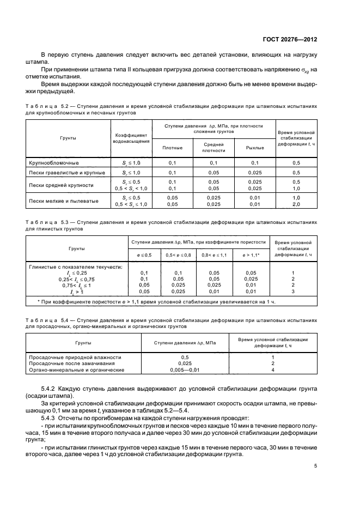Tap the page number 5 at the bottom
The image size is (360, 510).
316,466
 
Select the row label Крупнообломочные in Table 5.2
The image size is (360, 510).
54,163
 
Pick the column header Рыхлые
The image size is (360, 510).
255,148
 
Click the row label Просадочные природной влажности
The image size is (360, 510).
75,357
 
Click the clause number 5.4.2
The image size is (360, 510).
51,387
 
